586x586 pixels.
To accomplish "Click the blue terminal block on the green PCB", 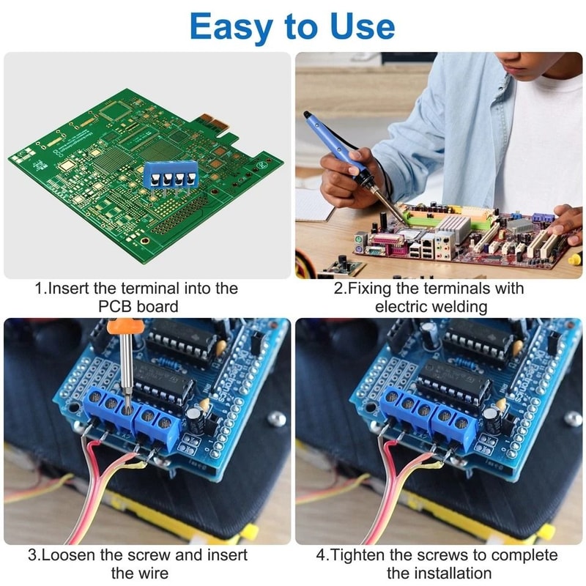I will pyautogui.click(x=171, y=175).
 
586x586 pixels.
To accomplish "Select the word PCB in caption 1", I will pyautogui.click(x=116, y=306).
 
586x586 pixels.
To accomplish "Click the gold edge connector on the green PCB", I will pyautogui.click(x=207, y=121).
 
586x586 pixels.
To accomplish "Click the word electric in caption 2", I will pyautogui.click(x=401, y=306).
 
